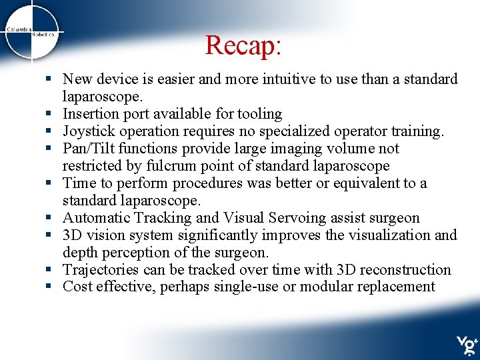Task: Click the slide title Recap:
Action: coord(244,45)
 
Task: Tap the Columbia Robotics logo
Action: coord(32,33)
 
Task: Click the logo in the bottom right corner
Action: coord(466,345)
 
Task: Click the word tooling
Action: coord(259,114)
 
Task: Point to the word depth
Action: coord(80,253)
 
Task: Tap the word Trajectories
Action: coord(101,270)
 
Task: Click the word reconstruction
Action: coord(404,270)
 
